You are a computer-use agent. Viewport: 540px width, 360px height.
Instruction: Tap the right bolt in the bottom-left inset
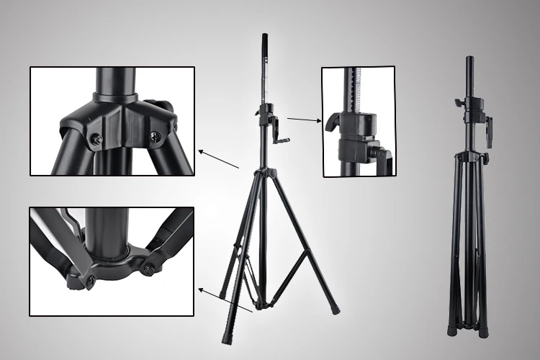(x=148, y=269)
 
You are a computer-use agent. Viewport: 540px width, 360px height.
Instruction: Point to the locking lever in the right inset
(x=332, y=122)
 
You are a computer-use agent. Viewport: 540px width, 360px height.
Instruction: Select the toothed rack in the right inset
(x=352, y=91)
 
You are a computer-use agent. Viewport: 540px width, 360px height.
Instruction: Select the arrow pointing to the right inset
(x=304, y=120)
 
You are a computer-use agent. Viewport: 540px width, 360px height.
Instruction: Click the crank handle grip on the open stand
(x=284, y=141)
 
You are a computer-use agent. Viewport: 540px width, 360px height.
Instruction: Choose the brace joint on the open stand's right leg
(x=307, y=248)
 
